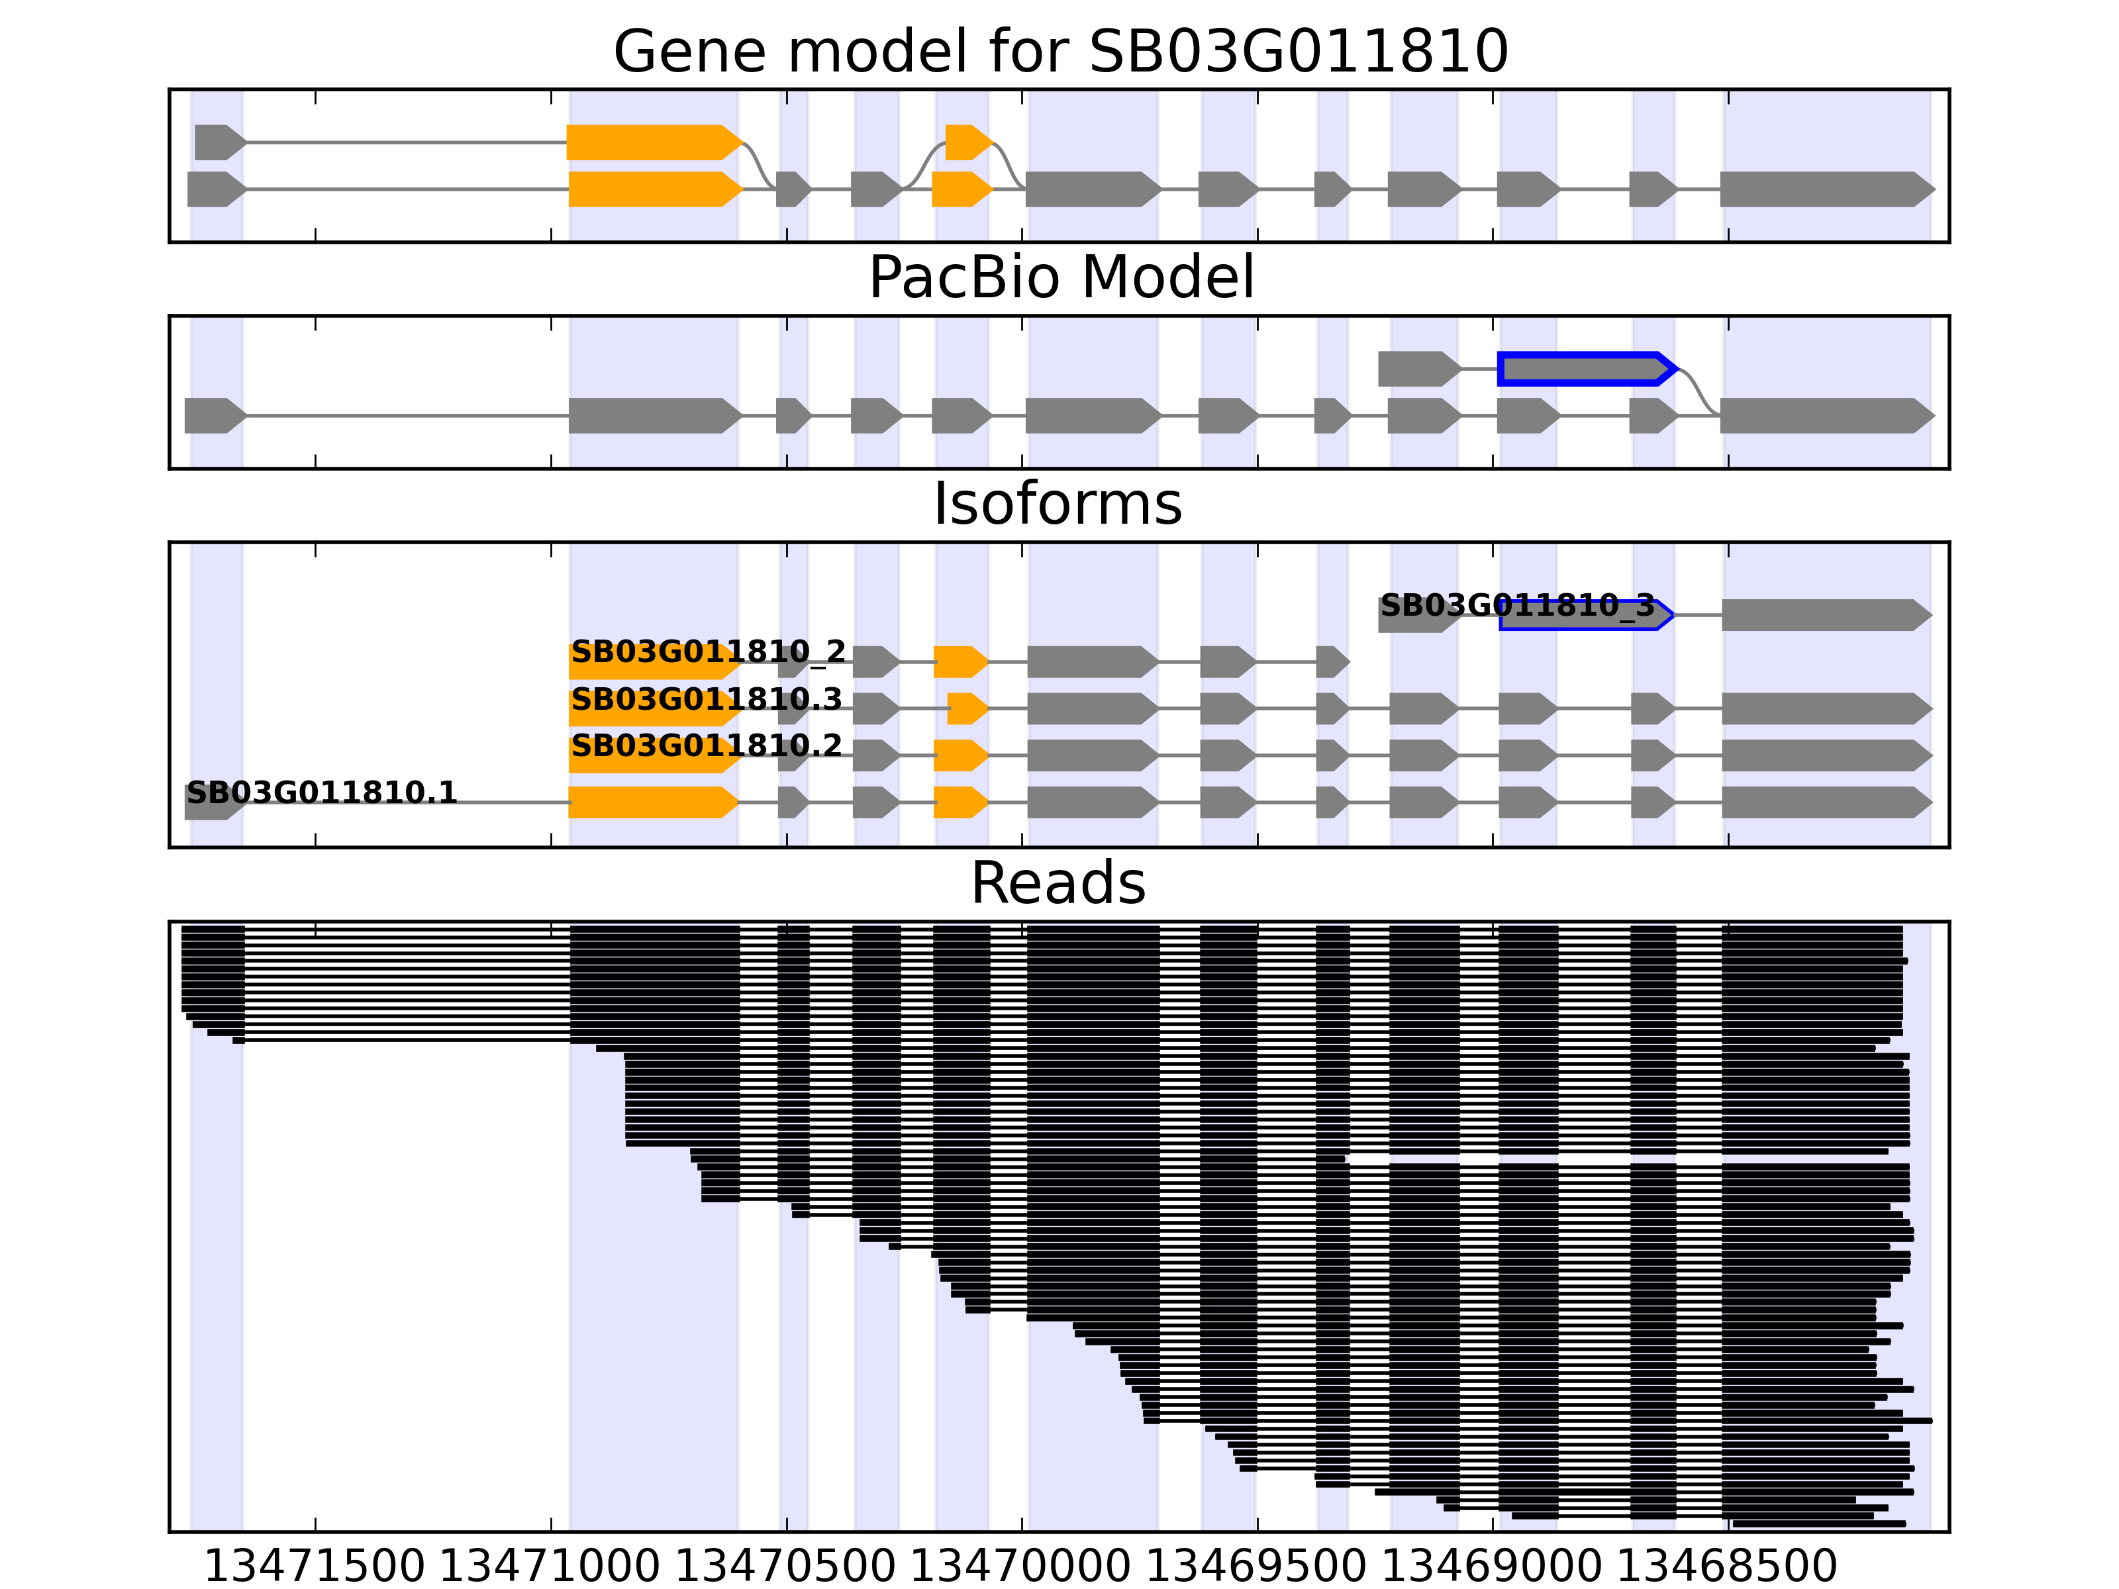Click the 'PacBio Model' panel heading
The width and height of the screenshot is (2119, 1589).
tap(1060, 278)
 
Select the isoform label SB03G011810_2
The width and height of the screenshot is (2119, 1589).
tap(708, 652)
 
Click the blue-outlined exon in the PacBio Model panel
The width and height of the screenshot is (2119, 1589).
tap(1585, 369)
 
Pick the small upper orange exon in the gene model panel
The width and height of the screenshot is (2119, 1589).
tap(967, 143)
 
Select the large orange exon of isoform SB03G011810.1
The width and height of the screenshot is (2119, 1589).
tap(652, 802)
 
